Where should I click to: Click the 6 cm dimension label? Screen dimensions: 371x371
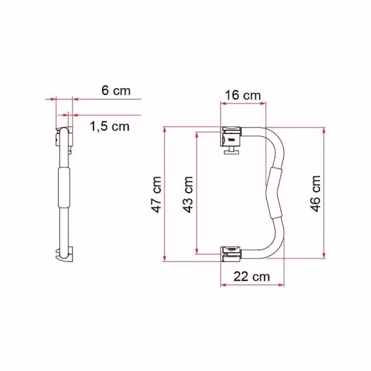click(116, 90)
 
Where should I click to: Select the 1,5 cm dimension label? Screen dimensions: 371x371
click(110, 126)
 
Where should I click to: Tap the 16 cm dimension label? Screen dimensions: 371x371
click(243, 96)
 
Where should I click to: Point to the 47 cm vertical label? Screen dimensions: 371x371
click(157, 195)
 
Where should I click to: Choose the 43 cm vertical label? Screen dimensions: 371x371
click(188, 195)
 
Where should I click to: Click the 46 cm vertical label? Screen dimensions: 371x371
click(315, 194)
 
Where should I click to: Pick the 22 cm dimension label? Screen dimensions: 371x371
click(252, 277)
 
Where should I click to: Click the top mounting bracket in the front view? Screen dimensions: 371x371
click(231, 137)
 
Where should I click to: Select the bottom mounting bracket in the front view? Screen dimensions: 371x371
click(231, 254)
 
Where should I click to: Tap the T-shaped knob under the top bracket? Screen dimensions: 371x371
click(231, 151)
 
